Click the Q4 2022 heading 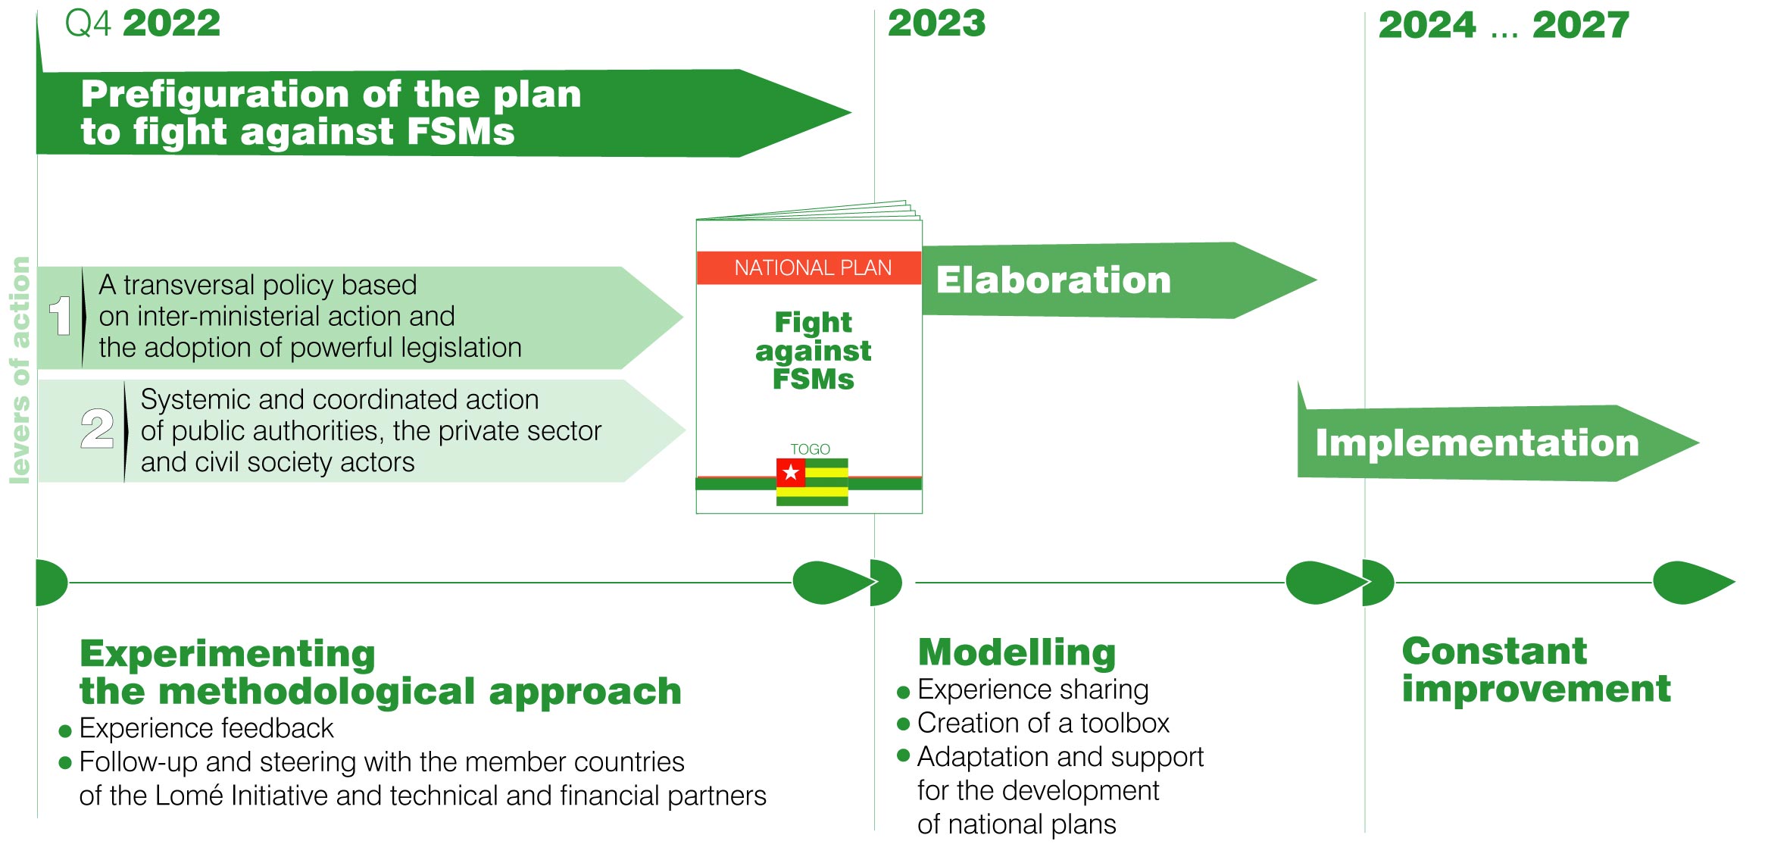142,23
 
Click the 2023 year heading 937,23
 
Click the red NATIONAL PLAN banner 809,268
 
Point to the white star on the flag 791,473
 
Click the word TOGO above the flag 810,449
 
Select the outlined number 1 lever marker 61,316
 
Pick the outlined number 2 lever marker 98,429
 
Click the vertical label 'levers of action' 20,370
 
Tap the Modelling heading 1017,652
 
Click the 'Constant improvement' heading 1535,670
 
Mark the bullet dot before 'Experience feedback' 65,731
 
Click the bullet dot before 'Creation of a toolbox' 903,724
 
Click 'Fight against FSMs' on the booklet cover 813,350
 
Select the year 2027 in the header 1581,25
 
